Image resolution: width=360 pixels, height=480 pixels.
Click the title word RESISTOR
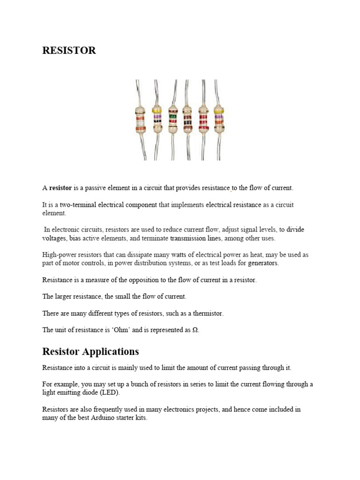pos(69,51)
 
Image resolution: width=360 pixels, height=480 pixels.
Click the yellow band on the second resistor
pos(157,111)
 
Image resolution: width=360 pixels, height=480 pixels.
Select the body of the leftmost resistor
pos(140,120)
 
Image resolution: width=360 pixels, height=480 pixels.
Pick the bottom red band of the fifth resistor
pos(203,127)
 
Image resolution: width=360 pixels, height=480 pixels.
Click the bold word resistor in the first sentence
pos(60,188)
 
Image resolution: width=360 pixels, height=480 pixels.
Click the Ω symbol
pos(195,330)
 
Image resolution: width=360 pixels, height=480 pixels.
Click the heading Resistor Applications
pos(90,352)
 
